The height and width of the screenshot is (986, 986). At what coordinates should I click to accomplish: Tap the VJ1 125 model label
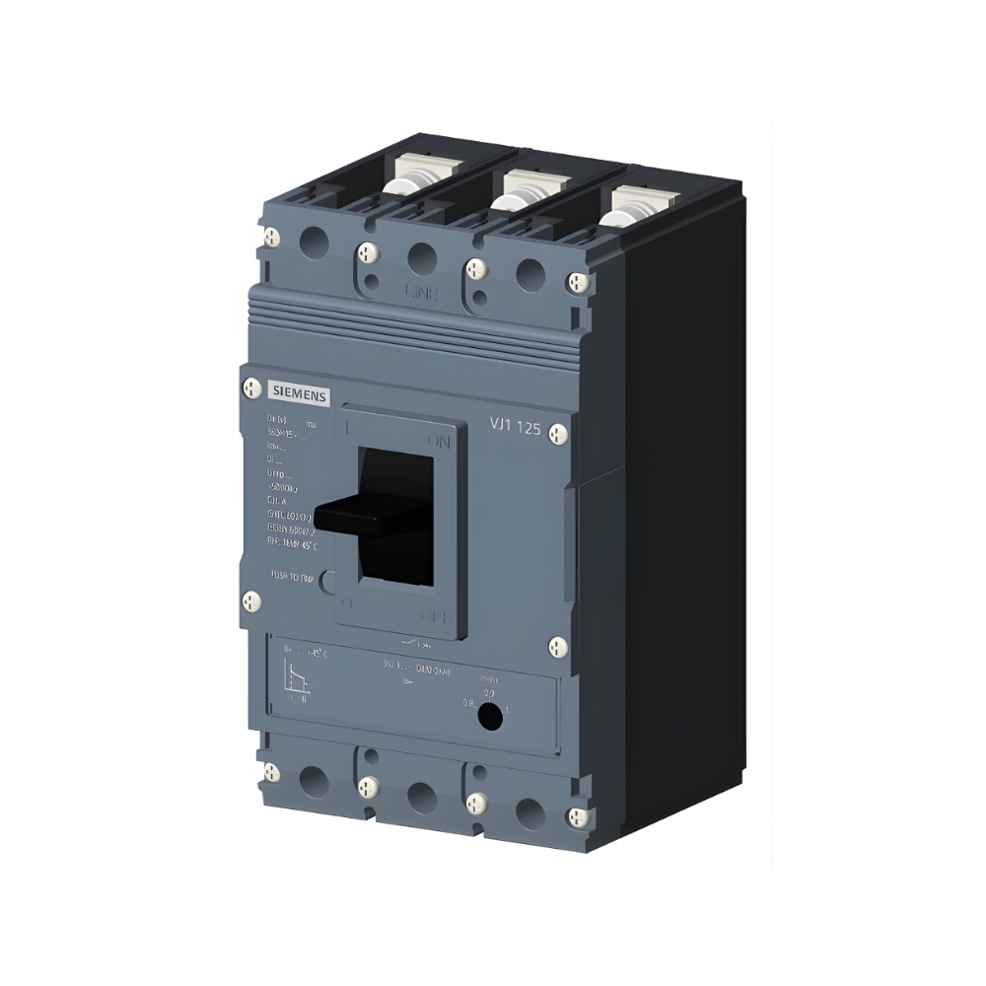(x=515, y=426)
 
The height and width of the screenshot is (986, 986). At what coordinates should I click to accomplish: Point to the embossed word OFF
(x=437, y=616)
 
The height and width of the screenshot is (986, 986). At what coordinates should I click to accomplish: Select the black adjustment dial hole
(x=488, y=719)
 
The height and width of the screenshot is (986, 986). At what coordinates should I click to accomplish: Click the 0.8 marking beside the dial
(x=468, y=703)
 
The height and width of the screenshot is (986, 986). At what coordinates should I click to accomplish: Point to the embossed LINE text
(x=422, y=292)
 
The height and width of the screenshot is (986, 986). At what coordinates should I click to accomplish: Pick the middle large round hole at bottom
(x=422, y=795)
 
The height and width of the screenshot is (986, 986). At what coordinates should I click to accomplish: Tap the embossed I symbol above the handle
(x=347, y=427)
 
